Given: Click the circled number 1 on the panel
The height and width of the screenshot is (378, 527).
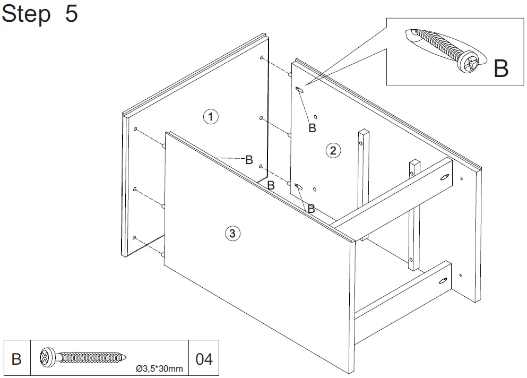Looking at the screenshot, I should (211, 116).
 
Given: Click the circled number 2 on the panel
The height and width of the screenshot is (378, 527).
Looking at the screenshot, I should (333, 150).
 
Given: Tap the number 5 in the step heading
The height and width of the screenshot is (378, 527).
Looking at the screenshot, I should (71, 14).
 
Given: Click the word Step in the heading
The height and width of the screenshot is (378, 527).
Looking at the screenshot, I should (27, 14).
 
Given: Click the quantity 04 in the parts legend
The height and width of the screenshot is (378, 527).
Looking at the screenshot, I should (204, 359).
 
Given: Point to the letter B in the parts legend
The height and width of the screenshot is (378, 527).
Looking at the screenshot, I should (16, 359).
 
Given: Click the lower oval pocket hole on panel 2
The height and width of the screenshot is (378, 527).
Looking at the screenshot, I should (299, 186).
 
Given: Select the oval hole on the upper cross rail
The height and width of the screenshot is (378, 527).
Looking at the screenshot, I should (445, 179).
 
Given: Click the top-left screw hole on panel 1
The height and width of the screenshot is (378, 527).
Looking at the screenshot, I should (136, 129).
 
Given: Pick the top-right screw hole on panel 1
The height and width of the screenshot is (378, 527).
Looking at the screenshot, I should (263, 57).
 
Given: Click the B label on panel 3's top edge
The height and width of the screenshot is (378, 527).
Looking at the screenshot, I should (248, 159).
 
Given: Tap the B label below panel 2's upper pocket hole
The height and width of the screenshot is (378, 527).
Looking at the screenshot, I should (313, 127).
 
